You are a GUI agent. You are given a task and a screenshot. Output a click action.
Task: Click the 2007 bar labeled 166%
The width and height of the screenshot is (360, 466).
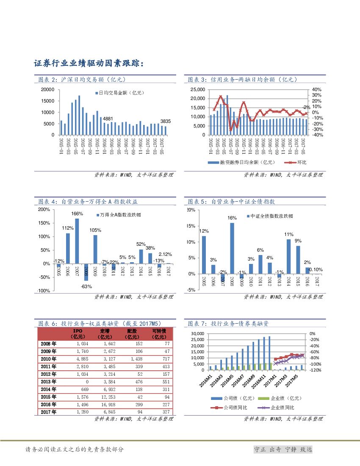tap(77, 241)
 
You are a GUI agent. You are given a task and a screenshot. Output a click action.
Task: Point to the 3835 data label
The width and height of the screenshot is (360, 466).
tap(165, 121)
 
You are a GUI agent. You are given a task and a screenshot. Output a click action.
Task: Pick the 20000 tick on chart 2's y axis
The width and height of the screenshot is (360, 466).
tap(47, 89)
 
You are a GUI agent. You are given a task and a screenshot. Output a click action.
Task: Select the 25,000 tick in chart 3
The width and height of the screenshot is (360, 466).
tap(198, 89)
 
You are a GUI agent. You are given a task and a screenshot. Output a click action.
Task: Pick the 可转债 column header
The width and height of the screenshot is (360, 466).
tap(159, 333)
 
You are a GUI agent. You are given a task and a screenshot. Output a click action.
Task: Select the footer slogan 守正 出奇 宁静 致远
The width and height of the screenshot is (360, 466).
tap(282, 449)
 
